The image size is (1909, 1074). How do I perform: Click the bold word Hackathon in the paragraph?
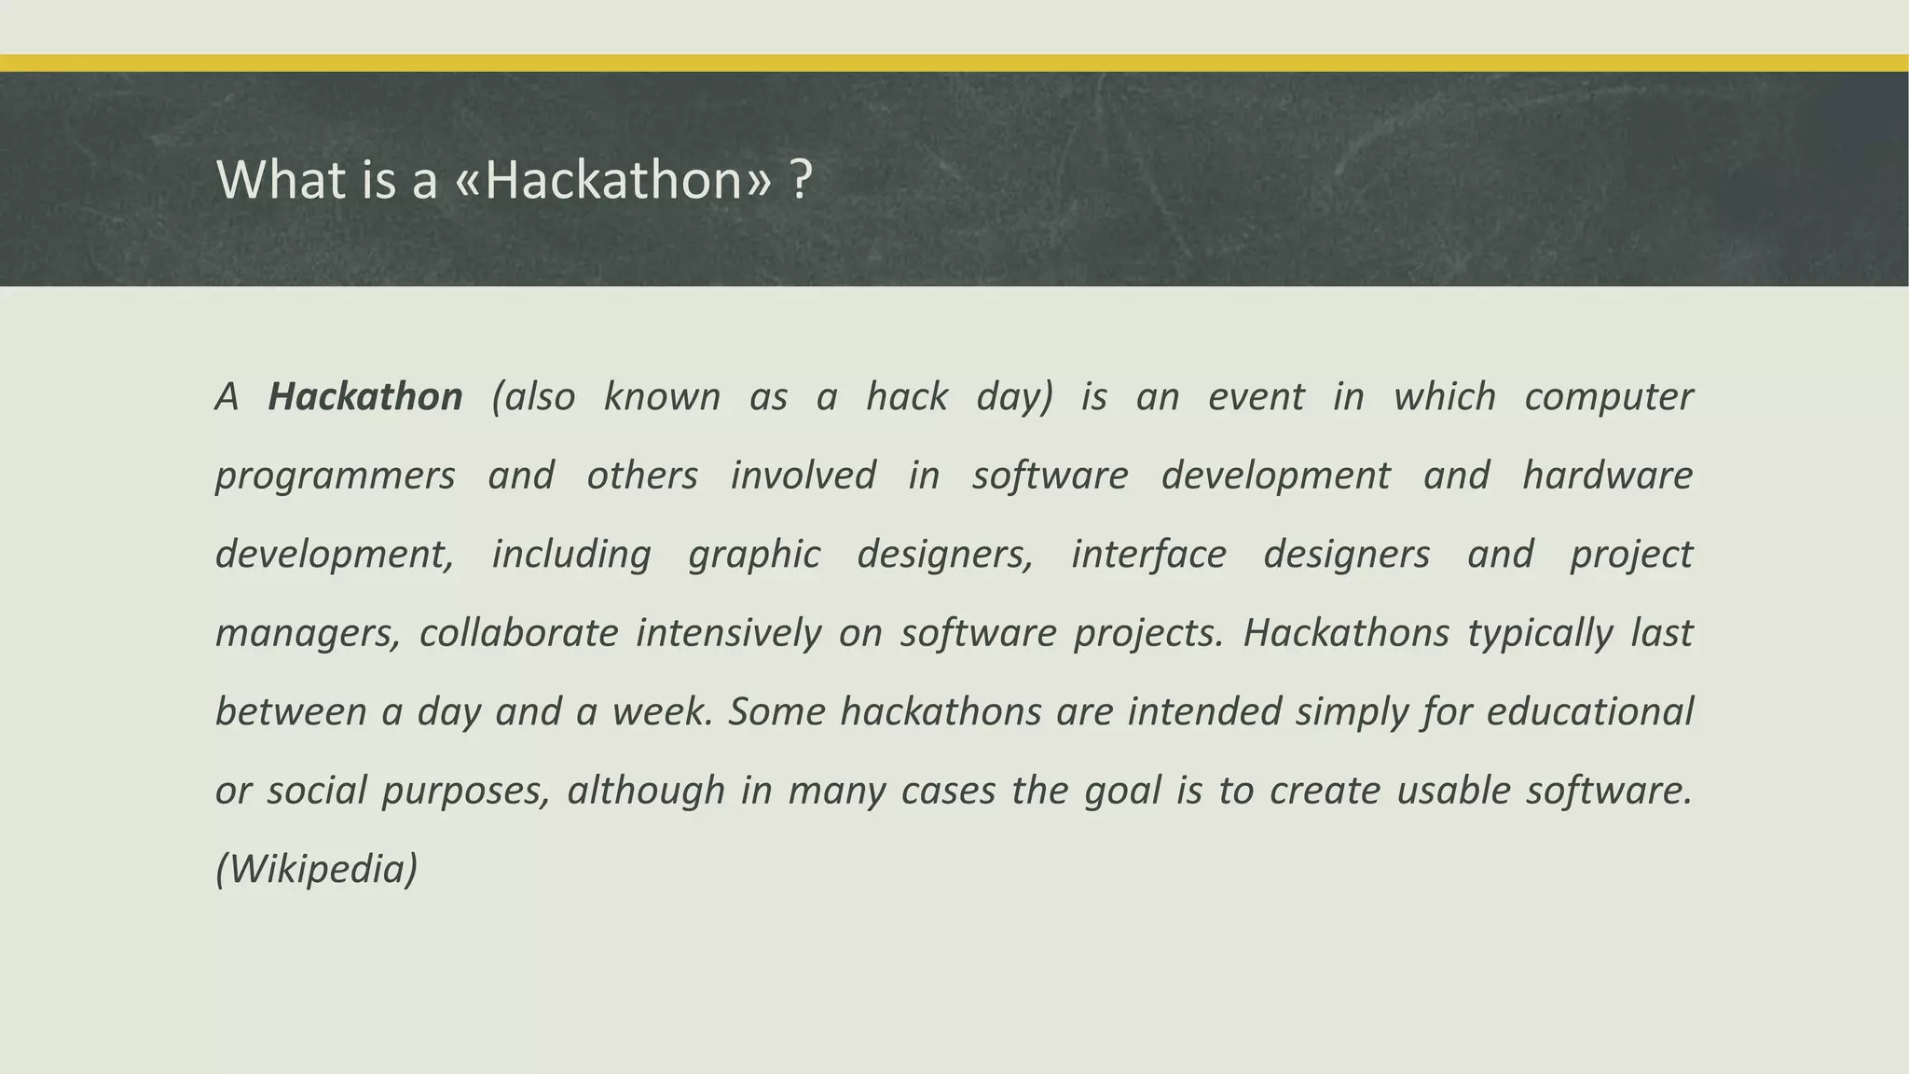point(364,397)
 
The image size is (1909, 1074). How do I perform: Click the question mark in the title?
point(800,179)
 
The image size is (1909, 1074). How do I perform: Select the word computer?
point(1608,397)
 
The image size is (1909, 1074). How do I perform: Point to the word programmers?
point(335,476)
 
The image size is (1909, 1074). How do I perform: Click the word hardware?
point(1607,475)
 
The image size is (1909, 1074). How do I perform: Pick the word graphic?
point(754,555)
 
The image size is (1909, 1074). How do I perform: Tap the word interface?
point(1148,555)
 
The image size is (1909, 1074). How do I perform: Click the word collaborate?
point(518,633)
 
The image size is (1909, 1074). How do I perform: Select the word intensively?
point(729,633)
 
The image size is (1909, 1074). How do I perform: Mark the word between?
point(291,712)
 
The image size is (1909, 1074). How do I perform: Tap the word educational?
point(1589,712)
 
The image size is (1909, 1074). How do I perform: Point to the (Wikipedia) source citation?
point(317,870)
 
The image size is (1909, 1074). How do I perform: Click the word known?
point(662,397)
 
